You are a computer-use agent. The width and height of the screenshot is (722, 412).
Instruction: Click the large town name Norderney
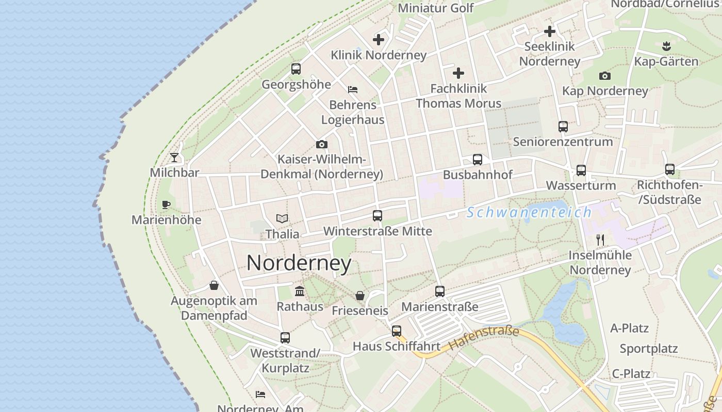pyautogui.click(x=299, y=263)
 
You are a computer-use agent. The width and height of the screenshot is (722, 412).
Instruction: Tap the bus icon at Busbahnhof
pyautogui.click(x=478, y=160)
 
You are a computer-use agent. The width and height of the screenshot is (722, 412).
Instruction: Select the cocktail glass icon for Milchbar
pyautogui.click(x=174, y=158)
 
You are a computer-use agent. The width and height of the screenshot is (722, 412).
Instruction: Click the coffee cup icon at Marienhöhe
pyautogui.click(x=166, y=205)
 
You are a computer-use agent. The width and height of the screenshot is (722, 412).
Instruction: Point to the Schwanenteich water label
pyautogui.click(x=529, y=212)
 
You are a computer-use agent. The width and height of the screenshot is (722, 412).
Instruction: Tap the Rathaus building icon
pyautogui.click(x=300, y=291)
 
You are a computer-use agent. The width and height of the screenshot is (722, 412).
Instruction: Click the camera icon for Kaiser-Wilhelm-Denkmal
pyautogui.click(x=322, y=144)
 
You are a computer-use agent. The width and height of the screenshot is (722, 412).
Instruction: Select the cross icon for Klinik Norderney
pyautogui.click(x=379, y=39)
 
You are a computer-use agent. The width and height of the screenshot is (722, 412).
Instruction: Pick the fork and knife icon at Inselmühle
pyautogui.click(x=600, y=239)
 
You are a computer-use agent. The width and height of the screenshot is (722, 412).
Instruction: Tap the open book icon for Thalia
pyautogui.click(x=282, y=219)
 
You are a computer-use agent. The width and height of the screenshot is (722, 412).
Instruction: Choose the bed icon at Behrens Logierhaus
pyautogui.click(x=353, y=90)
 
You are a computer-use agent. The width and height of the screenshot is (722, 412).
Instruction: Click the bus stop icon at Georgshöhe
pyautogui.click(x=296, y=69)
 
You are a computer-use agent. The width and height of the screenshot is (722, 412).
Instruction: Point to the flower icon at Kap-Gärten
pyautogui.click(x=666, y=46)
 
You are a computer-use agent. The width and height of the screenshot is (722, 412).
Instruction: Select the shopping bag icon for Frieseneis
pyautogui.click(x=360, y=296)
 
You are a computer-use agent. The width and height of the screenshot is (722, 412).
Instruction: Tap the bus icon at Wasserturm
pyautogui.click(x=581, y=170)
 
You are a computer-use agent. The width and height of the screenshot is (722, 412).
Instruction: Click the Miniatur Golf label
pyautogui.click(x=436, y=8)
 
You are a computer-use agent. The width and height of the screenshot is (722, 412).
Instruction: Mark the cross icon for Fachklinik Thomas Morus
pyautogui.click(x=458, y=73)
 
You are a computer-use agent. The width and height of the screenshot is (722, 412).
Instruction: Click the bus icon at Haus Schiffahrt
pyautogui.click(x=396, y=331)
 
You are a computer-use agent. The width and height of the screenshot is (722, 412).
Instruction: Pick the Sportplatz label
pyautogui.click(x=649, y=349)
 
